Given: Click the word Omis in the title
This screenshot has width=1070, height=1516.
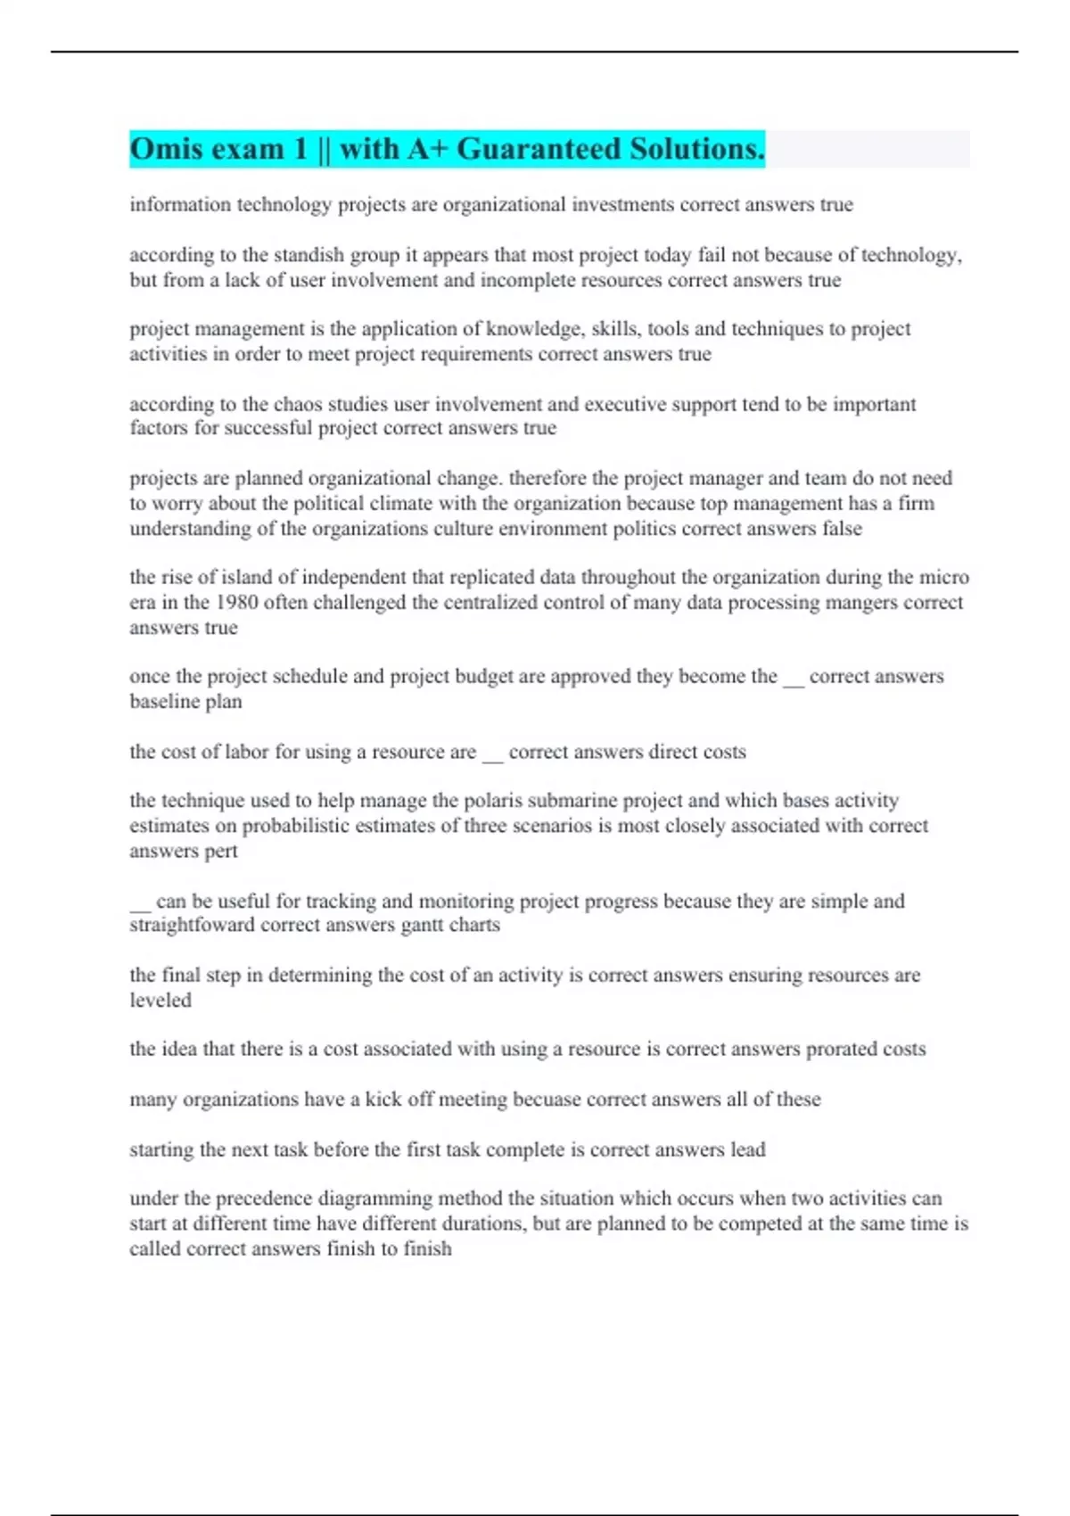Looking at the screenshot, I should [x=168, y=149].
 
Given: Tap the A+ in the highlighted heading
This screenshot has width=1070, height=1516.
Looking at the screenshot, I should [x=427, y=149].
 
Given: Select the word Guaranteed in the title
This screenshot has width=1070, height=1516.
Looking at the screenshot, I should [x=539, y=149].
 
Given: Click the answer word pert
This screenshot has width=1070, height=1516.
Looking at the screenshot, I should [x=221, y=851].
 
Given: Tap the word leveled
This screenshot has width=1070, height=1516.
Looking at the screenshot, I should [x=160, y=1001].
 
